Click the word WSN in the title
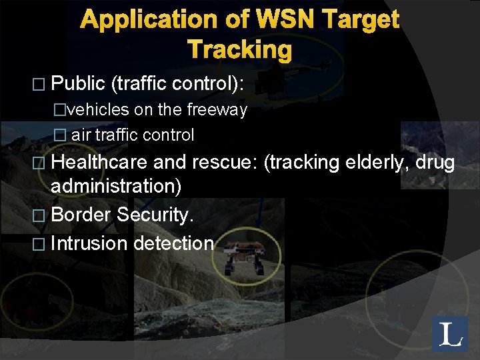[257, 21]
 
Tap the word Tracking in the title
[240, 49]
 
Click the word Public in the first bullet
[78, 83]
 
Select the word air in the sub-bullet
[81, 135]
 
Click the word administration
[116, 186]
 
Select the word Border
[81, 215]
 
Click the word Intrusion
[89, 243]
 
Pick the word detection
[173, 243]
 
